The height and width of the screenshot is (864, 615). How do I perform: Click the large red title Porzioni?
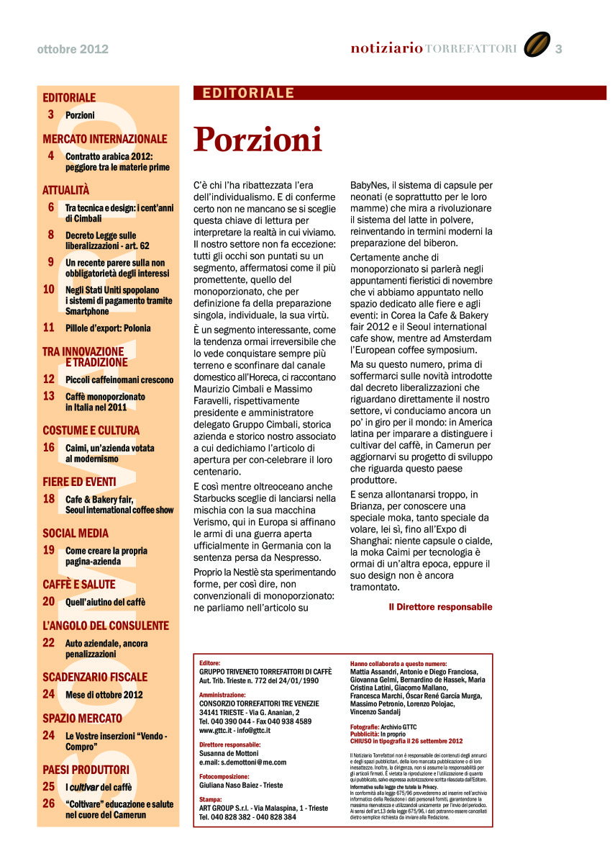click(258, 140)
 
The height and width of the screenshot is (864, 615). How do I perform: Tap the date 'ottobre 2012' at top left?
click(73, 49)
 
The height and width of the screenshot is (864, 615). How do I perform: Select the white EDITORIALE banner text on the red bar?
click(249, 93)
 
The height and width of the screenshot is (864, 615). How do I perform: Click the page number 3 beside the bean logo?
click(559, 48)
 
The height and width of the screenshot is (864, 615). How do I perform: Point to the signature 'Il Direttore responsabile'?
click(440, 607)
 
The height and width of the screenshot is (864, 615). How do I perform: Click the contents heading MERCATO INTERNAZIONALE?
click(105, 138)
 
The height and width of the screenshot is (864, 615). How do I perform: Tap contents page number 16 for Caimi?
click(49, 447)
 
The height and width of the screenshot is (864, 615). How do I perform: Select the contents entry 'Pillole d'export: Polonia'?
click(108, 328)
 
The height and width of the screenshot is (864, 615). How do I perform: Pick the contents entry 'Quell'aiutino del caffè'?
click(105, 602)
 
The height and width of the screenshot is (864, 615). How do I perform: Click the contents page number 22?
click(49, 642)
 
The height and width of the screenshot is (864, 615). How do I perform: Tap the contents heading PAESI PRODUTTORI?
click(86, 769)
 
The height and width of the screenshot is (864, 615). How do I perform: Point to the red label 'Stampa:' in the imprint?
click(211, 799)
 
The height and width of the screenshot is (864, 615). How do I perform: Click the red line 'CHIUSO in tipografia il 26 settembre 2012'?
click(406, 741)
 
